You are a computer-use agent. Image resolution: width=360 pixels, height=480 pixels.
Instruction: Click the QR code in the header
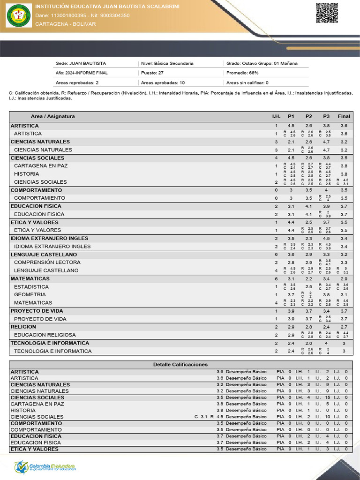click(327, 13)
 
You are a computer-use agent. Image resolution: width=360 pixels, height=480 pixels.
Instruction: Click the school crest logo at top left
click(18, 16)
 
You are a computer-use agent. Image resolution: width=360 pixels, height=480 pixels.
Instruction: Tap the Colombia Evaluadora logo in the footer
click(45, 467)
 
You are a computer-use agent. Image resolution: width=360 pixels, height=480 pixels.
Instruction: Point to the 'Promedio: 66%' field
click(242, 73)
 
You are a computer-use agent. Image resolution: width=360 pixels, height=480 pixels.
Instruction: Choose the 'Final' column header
click(344, 116)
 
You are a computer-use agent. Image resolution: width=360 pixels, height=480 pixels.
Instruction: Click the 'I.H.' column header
click(276, 116)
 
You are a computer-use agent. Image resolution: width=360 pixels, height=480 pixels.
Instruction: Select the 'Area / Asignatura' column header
click(52, 116)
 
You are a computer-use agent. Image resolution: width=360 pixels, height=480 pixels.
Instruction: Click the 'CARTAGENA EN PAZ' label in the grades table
click(41, 166)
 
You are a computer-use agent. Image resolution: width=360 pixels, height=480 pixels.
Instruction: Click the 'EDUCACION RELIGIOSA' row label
click(45, 335)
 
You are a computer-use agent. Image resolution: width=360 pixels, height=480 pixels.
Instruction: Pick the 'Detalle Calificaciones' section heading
click(180, 365)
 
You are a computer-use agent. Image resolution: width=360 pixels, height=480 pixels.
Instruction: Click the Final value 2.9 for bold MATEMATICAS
click(344, 279)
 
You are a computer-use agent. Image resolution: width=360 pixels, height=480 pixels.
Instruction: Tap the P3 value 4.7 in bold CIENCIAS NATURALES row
click(326, 142)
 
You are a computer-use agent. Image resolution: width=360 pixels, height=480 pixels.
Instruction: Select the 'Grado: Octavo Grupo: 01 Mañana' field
click(262, 63)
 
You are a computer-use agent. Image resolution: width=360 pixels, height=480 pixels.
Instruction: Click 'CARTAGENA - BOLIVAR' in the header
click(65, 24)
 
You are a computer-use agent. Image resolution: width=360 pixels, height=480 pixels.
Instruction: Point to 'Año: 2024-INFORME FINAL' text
click(82, 73)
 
